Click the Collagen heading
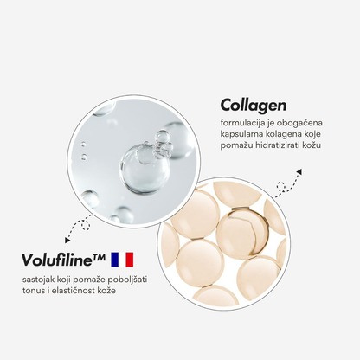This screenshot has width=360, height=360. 254,106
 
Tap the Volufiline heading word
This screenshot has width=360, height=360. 57,260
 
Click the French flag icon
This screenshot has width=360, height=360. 122,260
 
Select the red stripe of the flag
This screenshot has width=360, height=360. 130,260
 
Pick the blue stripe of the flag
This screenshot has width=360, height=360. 114,260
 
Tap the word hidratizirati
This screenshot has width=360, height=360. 278,145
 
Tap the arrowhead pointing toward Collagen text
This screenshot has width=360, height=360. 299,172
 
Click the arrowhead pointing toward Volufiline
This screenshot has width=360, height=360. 67,240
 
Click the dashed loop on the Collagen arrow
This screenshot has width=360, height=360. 281,187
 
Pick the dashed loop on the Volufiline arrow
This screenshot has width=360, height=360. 86,225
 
